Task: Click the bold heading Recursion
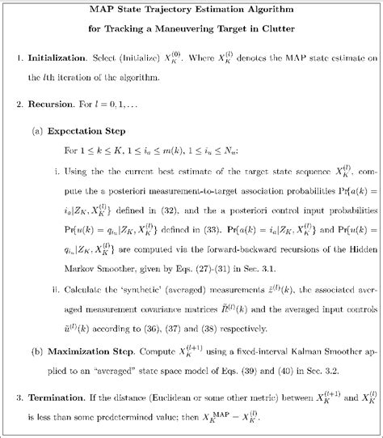pos(51,105)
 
